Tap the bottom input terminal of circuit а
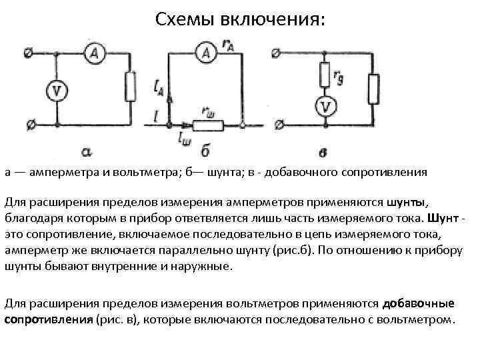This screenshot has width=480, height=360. pos(27,125)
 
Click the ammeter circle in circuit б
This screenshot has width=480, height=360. pos(209,53)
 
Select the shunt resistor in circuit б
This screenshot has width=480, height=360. pos(208,125)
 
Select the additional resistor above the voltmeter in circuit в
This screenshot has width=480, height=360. pos(325,74)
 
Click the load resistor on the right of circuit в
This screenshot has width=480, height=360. pos(373,89)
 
